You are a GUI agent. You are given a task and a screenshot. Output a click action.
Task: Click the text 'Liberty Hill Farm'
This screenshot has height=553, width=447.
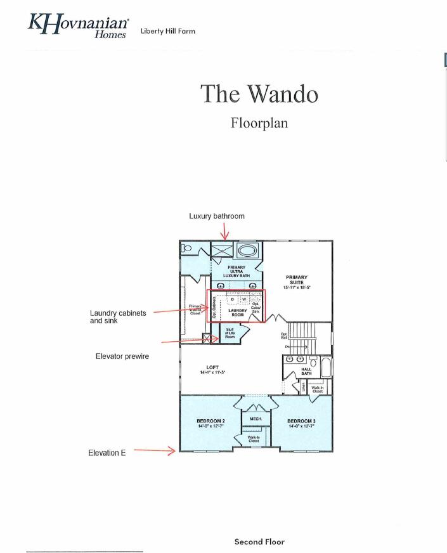point(168,30)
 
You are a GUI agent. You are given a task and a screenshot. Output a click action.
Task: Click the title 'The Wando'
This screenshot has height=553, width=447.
point(259,94)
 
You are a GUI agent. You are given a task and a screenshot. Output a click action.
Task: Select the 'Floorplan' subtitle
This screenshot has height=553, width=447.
point(259,122)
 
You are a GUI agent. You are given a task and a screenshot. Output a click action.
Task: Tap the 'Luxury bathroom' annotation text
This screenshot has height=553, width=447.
point(217,216)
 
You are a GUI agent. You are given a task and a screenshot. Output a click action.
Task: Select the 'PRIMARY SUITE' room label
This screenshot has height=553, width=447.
point(297,280)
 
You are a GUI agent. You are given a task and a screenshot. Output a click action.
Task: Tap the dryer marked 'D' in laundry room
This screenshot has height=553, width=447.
point(233,299)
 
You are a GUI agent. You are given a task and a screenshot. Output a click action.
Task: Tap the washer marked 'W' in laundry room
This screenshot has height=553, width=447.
point(243,299)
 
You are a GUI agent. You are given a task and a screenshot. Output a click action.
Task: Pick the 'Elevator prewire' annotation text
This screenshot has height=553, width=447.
point(122,356)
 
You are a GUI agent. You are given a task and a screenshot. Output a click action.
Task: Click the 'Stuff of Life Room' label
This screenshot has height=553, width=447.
point(230,333)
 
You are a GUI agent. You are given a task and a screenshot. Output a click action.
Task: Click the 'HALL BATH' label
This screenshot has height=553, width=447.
point(306,372)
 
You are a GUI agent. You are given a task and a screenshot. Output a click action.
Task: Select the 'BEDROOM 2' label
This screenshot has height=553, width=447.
point(211,423)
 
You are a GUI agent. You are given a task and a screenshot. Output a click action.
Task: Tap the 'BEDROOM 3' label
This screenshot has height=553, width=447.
point(301,423)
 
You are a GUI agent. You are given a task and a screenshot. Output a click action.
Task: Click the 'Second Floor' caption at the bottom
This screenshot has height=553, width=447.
point(259,542)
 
